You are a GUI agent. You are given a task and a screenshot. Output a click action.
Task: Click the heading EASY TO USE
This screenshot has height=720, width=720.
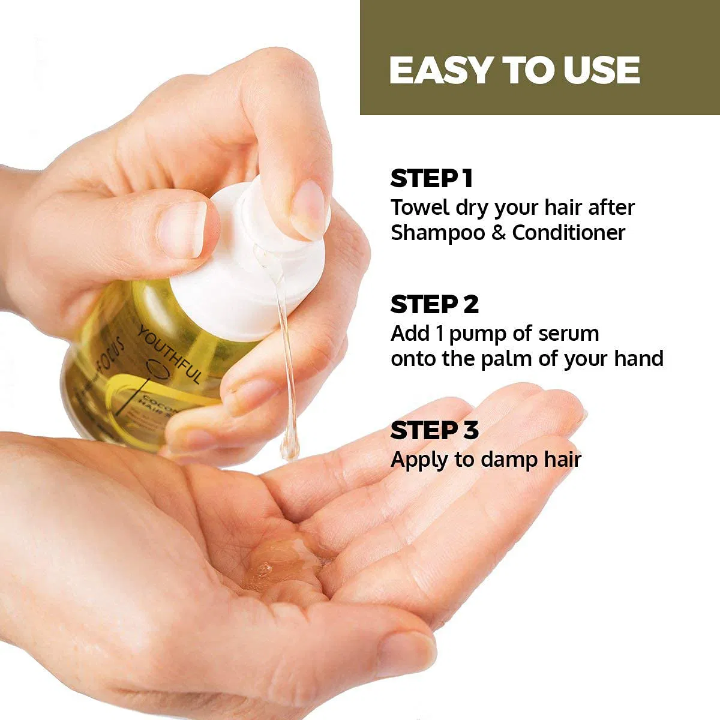tap(514, 70)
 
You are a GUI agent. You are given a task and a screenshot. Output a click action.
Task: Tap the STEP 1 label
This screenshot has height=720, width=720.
tap(431, 179)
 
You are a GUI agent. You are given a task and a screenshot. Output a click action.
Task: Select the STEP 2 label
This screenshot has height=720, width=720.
tap(434, 305)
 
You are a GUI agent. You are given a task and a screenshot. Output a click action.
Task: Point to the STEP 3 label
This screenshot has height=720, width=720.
tap(434, 431)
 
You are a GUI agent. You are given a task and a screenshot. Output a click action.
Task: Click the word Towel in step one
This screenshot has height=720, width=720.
tap(419, 208)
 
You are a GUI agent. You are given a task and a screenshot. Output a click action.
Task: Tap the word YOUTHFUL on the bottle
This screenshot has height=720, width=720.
tap(171, 354)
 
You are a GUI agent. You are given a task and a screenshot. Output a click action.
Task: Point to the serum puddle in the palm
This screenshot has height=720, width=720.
tap(282, 561)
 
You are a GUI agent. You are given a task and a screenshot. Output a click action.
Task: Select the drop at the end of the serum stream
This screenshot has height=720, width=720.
tap(289, 447)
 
